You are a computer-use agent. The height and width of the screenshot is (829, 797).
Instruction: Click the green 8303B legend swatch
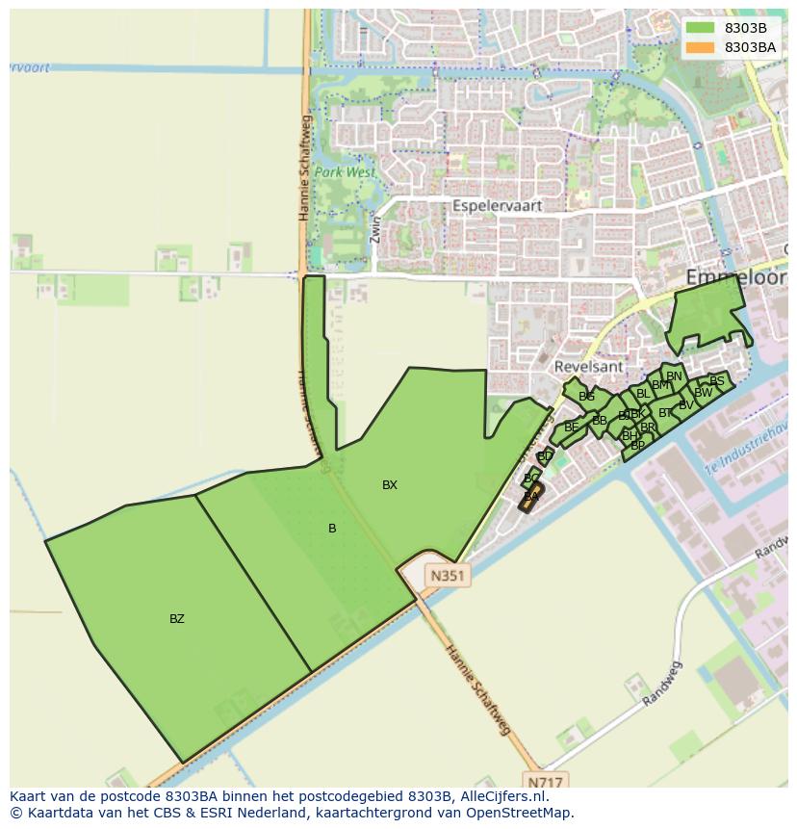(x=700, y=28)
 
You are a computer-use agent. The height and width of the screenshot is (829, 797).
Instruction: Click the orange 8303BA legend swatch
(x=700, y=47)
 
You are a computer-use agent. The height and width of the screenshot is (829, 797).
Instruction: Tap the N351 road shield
(x=448, y=576)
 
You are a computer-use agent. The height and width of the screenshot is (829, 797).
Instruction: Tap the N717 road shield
(x=546, y=781)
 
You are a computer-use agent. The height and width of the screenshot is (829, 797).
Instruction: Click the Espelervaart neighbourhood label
(x=497, y=206)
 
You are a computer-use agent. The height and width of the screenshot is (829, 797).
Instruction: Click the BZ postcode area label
(x=177, y=619)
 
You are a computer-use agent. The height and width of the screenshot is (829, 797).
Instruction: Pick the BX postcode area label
(x=390, y=485)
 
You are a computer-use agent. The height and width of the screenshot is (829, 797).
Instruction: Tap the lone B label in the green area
(x=332, y=529)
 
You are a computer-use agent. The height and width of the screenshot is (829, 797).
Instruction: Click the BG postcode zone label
(x=586, y=397)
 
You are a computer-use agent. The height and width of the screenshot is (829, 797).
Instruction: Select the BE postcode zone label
(x=572, y=427)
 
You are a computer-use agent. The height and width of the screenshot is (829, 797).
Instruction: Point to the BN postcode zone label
(x=674, y=376)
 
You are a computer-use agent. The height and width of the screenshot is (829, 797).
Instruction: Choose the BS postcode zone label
(x=716, y=381)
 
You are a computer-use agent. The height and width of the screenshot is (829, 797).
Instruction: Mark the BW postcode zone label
(x=704, y=393)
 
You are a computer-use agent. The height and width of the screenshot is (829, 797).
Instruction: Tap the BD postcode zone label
(x=545, y=456)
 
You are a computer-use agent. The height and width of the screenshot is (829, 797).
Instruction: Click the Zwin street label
(x=376, y=230)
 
